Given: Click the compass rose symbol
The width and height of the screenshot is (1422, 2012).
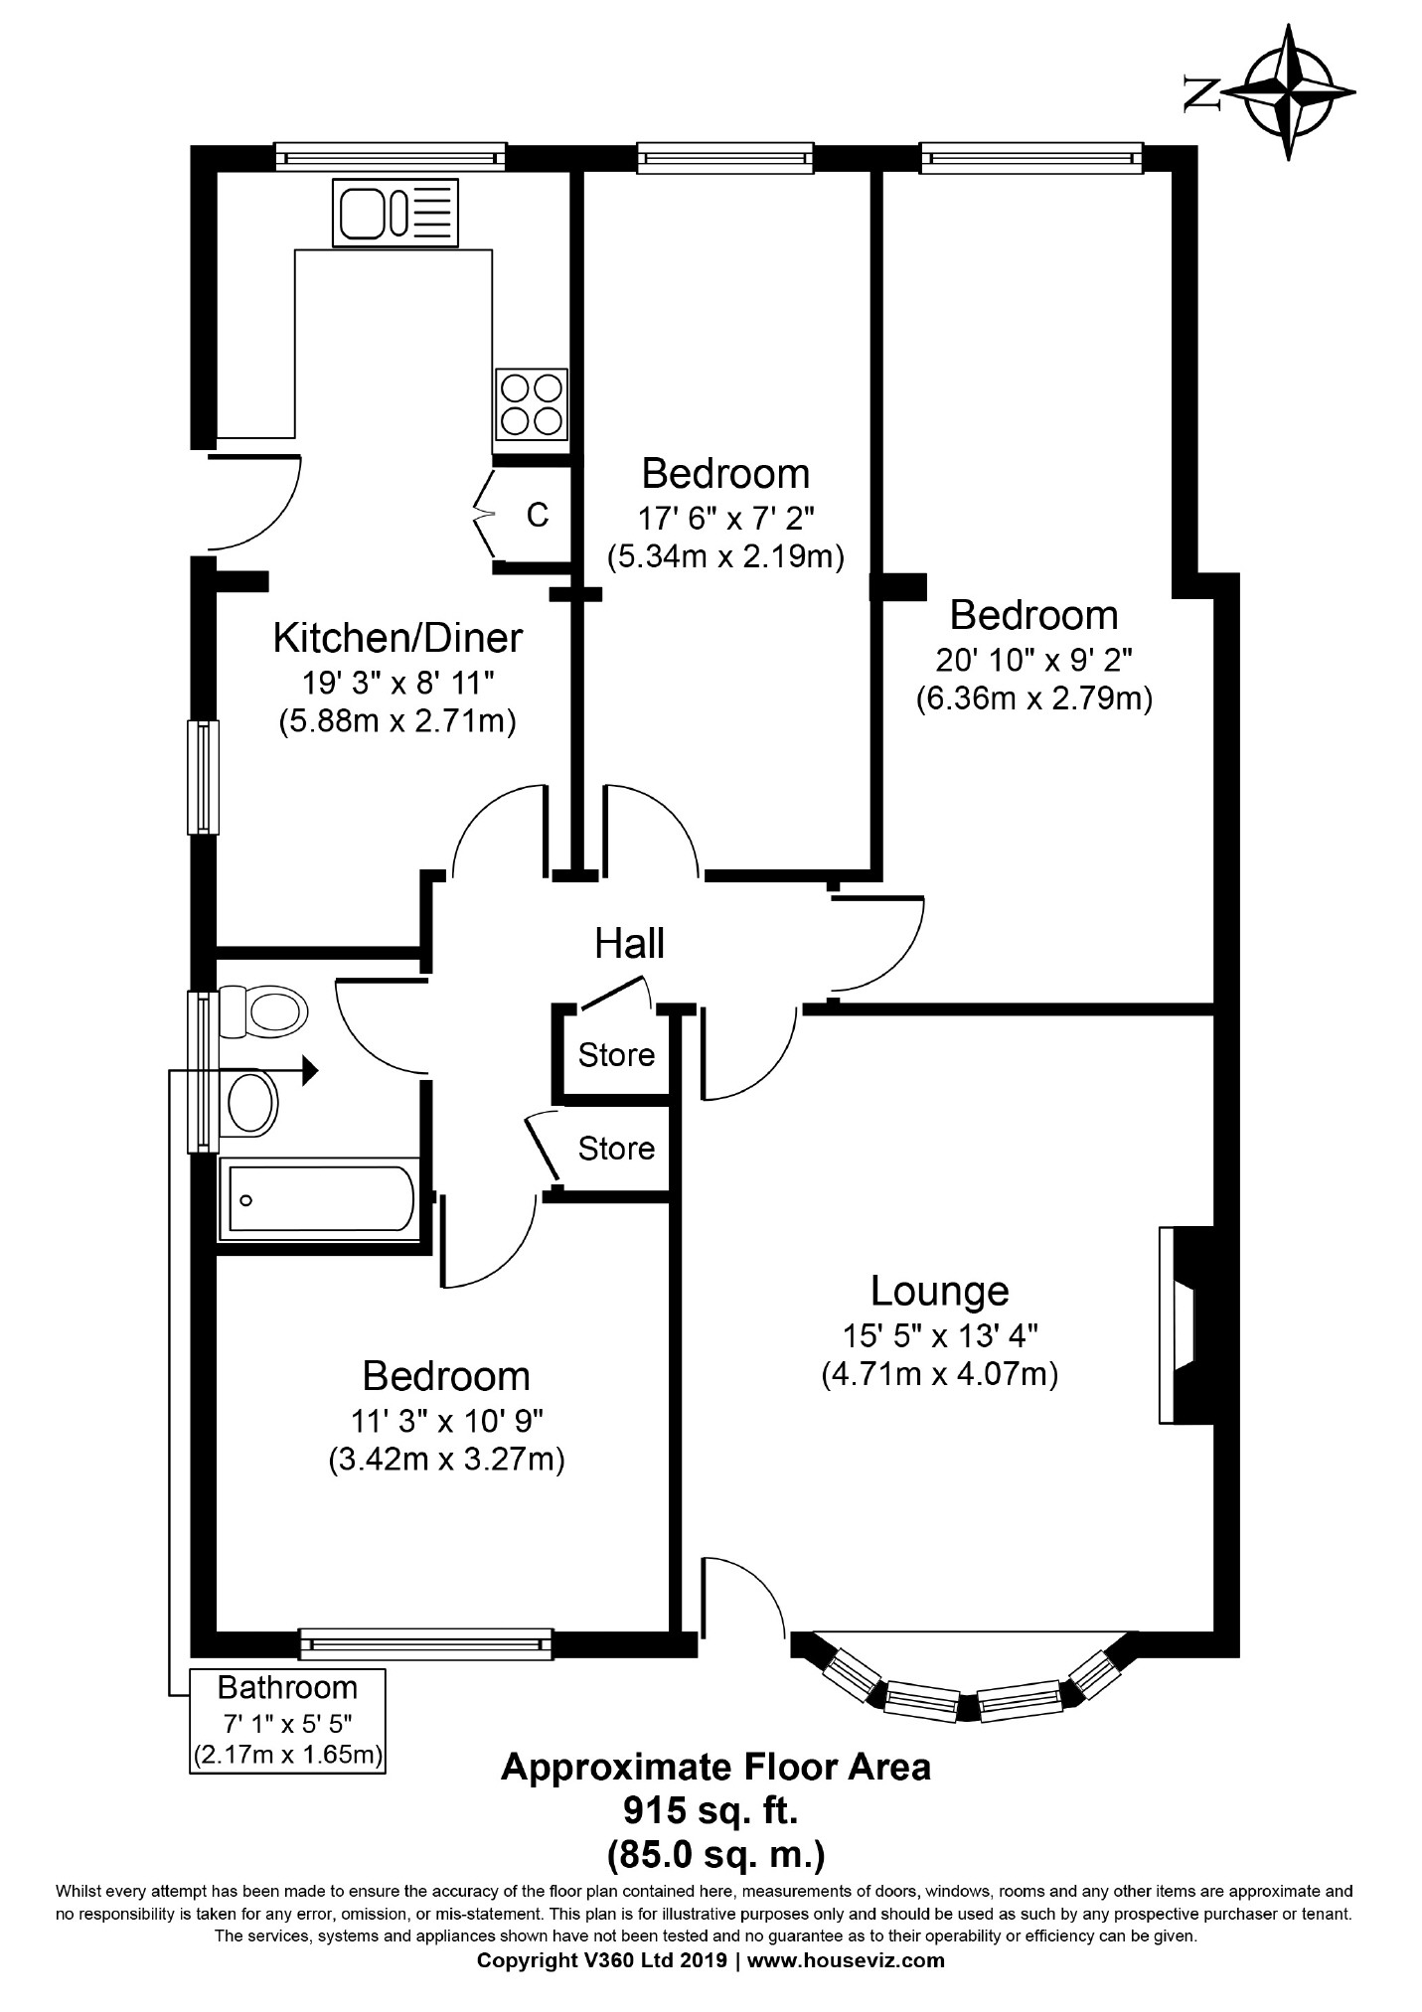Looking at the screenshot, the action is pos(1289,92).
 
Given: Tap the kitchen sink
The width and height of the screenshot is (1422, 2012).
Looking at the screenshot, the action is pos(396,213).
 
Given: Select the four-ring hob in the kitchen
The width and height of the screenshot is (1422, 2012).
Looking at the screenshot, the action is pos(532,404).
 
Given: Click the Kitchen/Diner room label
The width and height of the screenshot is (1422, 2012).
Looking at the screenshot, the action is pos(397,638).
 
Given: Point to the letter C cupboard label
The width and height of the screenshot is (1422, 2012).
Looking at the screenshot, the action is pos(538,515).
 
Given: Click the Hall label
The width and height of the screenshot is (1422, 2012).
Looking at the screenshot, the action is pos(629,943).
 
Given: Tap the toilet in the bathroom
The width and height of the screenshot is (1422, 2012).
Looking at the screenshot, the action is pos(259,1011).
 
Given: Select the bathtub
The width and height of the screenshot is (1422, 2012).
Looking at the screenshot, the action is pos(319,1199).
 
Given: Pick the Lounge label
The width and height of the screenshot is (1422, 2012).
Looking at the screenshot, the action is pos(940,1291).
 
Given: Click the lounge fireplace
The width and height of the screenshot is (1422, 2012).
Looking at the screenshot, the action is pos(1186,1325).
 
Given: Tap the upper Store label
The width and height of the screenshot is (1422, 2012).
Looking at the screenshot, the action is pos(616,1054).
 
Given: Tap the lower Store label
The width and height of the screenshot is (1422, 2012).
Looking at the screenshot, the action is pos(616,1149).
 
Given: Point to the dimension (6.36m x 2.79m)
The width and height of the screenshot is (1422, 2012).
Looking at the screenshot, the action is pos(1033,698).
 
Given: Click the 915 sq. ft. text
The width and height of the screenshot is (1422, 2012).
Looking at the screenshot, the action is pos(711,1810).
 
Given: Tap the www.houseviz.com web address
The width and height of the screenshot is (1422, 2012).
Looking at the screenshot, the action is pos(846,1960).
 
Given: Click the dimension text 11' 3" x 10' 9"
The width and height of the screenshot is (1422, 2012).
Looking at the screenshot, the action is pos(445,1422).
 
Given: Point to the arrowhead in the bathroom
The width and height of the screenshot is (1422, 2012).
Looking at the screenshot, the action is pos(309,1070).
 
